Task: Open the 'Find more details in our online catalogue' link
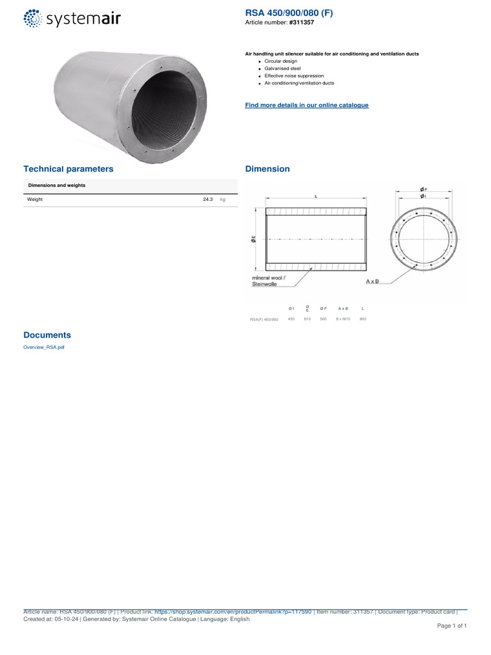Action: click(307, 105)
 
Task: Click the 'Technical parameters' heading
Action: click(68, 169)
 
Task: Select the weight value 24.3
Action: click(207, 200)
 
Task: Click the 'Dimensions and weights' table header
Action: click(56, 185)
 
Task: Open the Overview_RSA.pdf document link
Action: click(43, 347)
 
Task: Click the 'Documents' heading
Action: click(47, 335)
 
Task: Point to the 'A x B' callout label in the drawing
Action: click(372, 281)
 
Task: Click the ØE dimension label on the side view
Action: click(254, 239)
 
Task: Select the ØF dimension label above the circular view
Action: click(424, 189)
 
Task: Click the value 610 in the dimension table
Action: click(307, 319)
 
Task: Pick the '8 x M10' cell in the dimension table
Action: click(343, 319)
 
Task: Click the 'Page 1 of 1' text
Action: click(452, 626)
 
